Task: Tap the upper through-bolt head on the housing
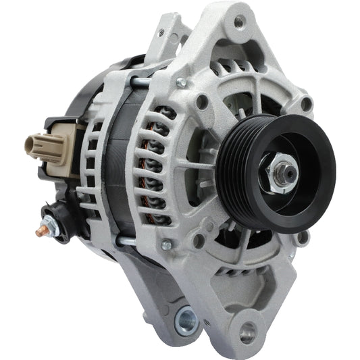tap(181, 82)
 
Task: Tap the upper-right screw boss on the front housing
tap(306, 103)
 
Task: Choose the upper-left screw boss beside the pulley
tap(201, 103)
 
